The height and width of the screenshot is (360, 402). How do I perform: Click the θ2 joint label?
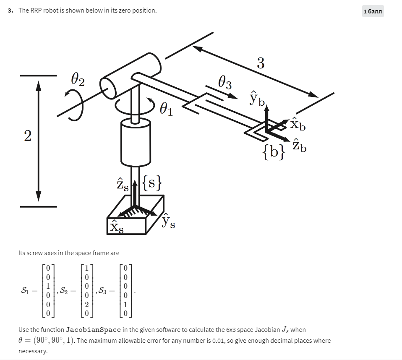(x=78, y=79)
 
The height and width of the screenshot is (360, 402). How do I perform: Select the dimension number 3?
(x=261, y=63)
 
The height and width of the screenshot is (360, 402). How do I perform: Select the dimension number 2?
(x=28, y=136)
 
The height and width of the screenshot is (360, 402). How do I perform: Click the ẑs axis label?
(x=122, y=185)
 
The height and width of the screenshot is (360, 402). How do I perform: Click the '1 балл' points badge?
(x=373, y=11)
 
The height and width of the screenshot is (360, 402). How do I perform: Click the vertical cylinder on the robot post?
(x=136, y=142)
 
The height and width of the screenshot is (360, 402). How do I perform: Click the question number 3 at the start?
(x=10, y=10)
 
